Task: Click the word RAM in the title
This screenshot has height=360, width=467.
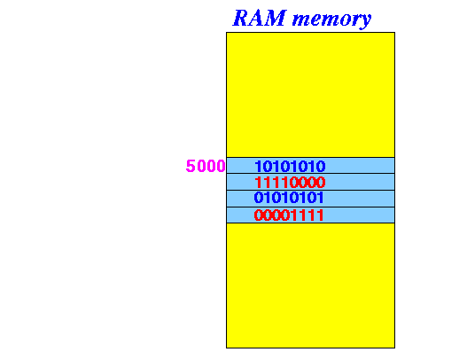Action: pos(260,18)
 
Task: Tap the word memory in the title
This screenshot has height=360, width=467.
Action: pos(331,20)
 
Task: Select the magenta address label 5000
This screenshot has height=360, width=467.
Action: pos(206,166)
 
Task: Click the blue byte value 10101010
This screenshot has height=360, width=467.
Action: pos(290,167)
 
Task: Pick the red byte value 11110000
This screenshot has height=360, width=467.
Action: pos(290,183)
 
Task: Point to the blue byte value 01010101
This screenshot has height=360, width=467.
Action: pos(289,198)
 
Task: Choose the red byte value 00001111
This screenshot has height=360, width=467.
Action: pos(289,215)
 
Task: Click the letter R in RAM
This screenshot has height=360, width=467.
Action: pos(242,18)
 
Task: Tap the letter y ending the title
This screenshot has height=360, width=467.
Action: pos(365,21)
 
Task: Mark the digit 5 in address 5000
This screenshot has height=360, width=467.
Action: pos(191,166)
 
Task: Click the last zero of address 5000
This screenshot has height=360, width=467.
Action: pos(221,166)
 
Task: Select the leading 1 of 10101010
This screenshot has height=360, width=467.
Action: pos(258,167)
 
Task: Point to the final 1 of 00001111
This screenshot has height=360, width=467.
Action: pos(320,215)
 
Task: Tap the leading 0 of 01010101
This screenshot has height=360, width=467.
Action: pos(259,198)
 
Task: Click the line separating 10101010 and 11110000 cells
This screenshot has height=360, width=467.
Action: pos(311,174)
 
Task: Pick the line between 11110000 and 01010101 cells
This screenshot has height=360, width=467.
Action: pos(311,190)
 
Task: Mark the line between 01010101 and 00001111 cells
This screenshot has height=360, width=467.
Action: pos(311,207)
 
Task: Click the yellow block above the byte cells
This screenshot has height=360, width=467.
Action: pos(311,95)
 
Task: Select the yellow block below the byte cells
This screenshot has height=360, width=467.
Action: pos(311,286)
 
